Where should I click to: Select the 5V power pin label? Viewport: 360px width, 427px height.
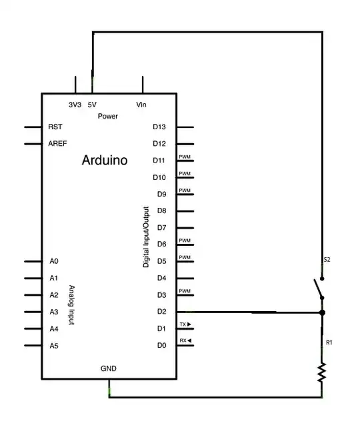(x=92, y=105)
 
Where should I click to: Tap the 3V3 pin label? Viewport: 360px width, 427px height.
(x=75, y=105)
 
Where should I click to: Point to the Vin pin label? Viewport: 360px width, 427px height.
(x=141, y=105)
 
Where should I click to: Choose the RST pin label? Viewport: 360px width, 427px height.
(x=55, y=127)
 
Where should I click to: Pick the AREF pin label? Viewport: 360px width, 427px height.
(x=57, y=143)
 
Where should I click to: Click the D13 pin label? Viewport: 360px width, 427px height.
(x=159, y=127)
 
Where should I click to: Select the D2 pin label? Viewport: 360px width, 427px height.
(x=161, y=312)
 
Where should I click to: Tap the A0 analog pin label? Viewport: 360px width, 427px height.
(x=54, y=262)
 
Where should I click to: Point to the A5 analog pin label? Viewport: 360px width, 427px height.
(x=54, y=346)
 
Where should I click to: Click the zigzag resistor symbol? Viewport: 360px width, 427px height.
(x=322, y=372)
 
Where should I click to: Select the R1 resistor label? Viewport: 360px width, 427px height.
(x=329, y=343)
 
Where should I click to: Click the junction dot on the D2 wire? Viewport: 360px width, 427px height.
(x=322, y=312)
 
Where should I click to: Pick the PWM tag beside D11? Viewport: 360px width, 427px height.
(x=185, y=157)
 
